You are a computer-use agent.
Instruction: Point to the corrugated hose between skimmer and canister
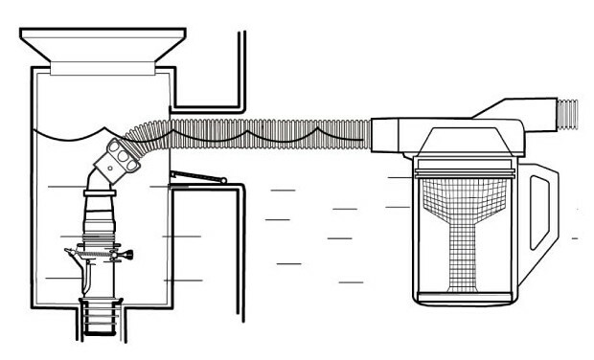(268, 130)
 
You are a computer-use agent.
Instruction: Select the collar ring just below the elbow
(99, 195)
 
